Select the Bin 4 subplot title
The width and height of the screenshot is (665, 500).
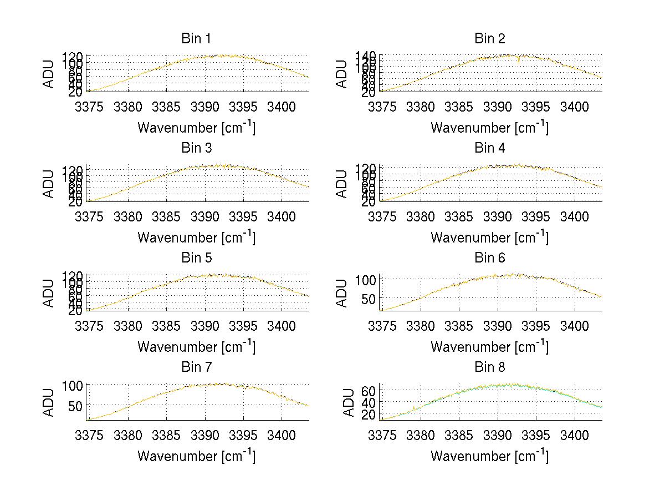coord(489,148)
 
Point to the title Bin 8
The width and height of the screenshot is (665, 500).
coord(489,367)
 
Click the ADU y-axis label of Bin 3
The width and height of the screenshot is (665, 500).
coord(49,184)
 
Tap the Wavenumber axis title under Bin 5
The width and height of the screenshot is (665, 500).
coord(196,347)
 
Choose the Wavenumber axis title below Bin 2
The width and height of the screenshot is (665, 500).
coord(489,128)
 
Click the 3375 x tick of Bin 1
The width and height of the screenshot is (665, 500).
coord(89,107)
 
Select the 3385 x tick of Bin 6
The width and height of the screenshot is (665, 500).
coord(458,326)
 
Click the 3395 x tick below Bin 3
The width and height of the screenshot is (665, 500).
coord(243,216)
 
